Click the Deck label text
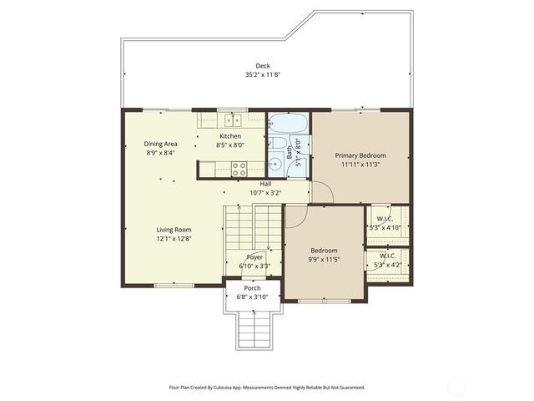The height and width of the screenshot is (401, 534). tap(263, 66)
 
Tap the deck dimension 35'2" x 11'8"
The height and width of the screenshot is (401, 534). tap(263, 75)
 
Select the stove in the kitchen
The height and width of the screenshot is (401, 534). tap(239, 165)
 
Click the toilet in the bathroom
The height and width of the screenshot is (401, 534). tap(275, 143)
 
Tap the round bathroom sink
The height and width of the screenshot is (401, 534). tap(276, 164)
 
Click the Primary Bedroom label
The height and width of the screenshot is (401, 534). tap(360, 155)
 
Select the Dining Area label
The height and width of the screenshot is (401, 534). tap(160, 144)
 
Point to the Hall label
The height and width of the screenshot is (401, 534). tap(265, 184)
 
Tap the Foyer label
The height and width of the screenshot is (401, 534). tap(254, 257)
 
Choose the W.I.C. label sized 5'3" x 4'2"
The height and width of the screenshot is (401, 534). tap(387, 256)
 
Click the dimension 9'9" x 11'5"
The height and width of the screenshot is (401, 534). tap(325, 260)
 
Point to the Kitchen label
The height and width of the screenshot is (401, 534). tap(230, 136)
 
